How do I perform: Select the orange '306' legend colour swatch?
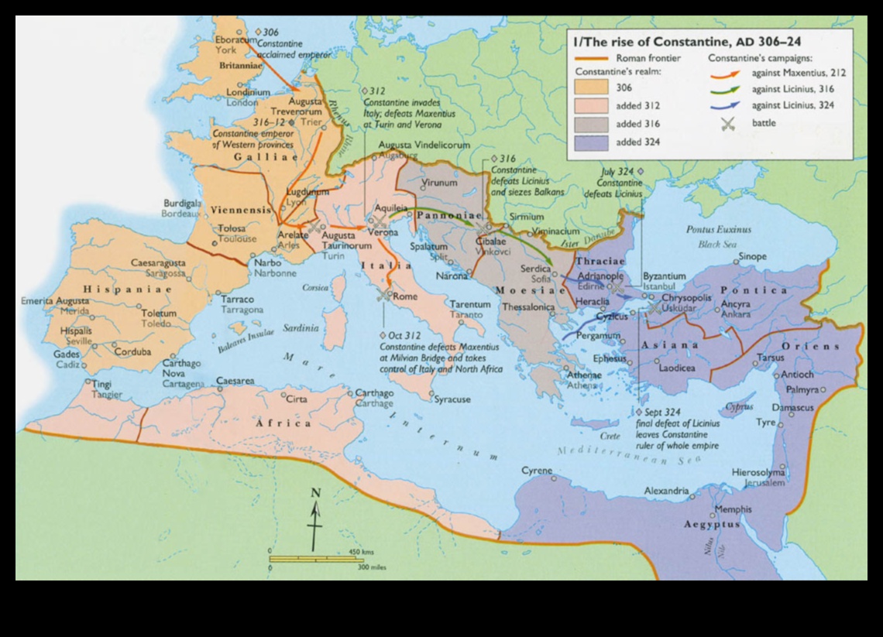593,87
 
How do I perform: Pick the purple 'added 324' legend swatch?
593,142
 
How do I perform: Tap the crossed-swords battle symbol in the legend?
727,122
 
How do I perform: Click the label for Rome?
406,296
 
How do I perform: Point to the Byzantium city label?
665,276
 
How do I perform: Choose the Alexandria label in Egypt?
666,491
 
